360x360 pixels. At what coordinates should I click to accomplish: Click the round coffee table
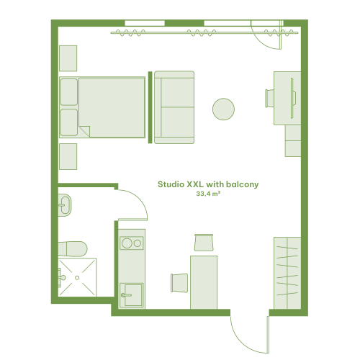point(223,109)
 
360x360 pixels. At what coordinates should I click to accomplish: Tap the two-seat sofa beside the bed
point(174,107)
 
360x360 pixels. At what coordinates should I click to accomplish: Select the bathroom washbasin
point(65,205)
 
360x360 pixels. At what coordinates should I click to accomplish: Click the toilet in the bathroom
point(73,249)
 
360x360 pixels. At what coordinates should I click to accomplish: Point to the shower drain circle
point(77,278)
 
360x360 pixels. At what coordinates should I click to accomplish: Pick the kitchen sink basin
point(133,294)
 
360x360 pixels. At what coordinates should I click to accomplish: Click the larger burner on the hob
point(127,243)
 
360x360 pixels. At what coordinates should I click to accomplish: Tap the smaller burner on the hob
point(138,243)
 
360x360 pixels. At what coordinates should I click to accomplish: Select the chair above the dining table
point(204,243)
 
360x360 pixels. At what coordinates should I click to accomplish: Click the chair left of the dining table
point(179,283)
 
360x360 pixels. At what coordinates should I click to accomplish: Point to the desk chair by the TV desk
point(269,98)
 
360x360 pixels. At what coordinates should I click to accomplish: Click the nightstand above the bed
point(68,58)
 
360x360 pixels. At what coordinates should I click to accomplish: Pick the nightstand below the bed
point(68,156)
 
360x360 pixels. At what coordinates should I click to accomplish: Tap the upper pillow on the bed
point(69,92)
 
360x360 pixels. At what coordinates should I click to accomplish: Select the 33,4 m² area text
point(208,194)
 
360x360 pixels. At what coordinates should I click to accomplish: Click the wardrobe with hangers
point(287,273)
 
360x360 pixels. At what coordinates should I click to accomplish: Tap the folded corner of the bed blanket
point(86,131)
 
